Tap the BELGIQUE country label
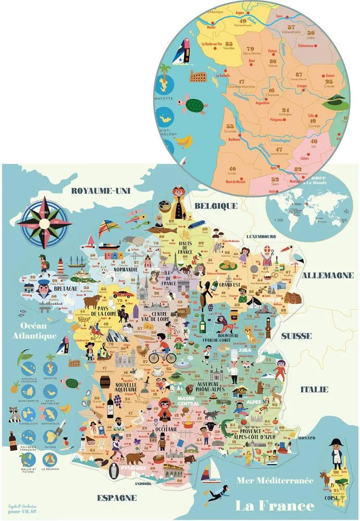click(x=216, y=205)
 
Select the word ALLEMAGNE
click(x=328, y=275)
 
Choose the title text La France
click(x=275, y=505)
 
